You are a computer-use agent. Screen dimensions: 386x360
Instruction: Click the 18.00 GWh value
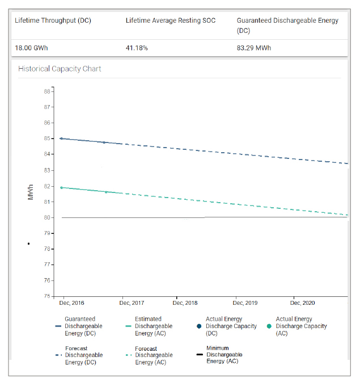(x=31, y=48)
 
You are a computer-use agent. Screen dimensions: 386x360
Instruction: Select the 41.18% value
(x=137, y=48)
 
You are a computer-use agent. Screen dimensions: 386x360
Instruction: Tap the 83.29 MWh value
(x=254, y=48)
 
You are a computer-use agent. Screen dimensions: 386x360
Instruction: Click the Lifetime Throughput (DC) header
(x=53, y=20)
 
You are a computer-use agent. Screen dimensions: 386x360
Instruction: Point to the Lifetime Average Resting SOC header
(x=170, y=20)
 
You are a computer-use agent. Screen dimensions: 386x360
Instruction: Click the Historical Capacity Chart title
(x=60, y=69)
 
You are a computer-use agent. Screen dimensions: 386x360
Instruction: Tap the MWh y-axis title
(x=31, y=191)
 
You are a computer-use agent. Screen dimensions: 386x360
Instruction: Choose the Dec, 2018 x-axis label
(x=185, y=303)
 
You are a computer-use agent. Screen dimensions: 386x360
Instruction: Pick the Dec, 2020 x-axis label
(x=302, y=303)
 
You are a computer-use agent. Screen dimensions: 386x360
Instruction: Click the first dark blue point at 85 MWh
(x=61, y=139)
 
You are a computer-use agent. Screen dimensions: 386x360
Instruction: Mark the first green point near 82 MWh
(x=61, y=187)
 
